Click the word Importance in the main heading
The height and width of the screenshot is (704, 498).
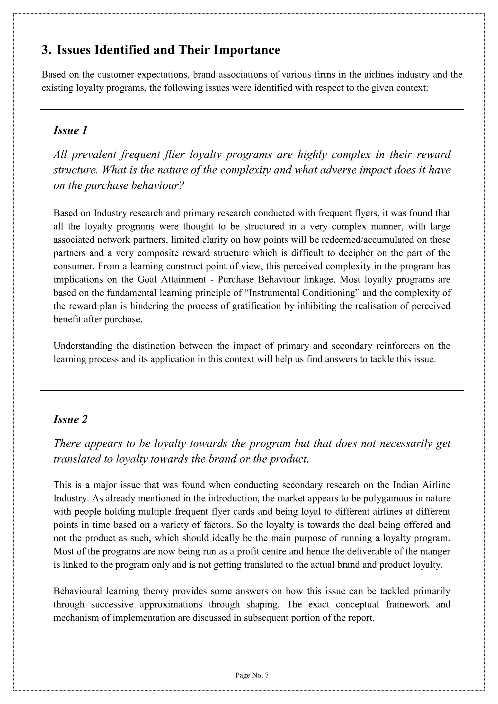pyautogui.click(x=247, y=50)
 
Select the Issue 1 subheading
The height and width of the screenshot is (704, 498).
pyautogui.click(x=70, y=130)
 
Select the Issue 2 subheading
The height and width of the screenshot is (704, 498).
pyautogui.click(x=70, y=419)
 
